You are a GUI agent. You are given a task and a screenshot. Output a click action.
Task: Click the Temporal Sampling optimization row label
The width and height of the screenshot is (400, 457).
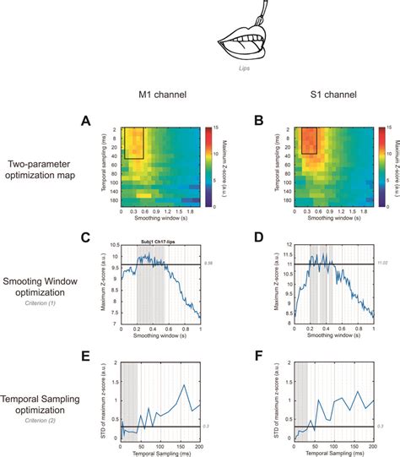pos(49,397)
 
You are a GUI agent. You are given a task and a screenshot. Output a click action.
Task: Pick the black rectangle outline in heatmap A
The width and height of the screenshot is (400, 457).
pos(136,142)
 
